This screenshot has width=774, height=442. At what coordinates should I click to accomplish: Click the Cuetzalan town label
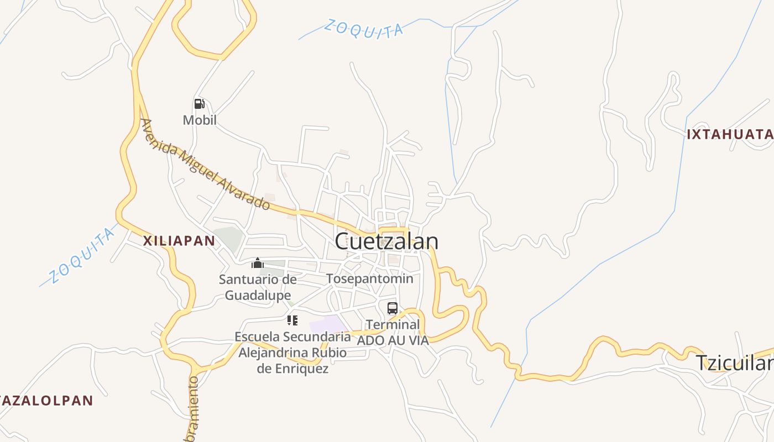pyautogui.click(x=386, y=241)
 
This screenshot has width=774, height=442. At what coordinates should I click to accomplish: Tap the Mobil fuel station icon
pyautogui.click(x=200, y=104)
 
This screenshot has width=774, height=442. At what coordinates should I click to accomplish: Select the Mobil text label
pyautogui.click(x=200, y=120)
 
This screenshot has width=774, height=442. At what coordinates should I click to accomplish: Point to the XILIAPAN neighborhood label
pyautogui.click(x=179, y=240)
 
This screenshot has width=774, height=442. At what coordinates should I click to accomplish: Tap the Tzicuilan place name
pyautogui.click(x=734, y=363)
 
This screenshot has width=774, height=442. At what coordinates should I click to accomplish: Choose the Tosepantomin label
pyautogui.click(x=369, y=278)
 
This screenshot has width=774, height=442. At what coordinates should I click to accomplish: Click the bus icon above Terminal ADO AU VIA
pyautogui.click(x=392, y=308)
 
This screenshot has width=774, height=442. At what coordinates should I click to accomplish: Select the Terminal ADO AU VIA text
pyautogui.click(x=393, y=333)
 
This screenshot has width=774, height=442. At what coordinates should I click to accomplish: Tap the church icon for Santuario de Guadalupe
pyautogui.click(x=258, y=263)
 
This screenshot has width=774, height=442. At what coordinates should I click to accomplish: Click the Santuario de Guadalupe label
pyautogui.click(x=258, y=287)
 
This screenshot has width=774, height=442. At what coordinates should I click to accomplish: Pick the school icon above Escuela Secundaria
pyautogui.click(x=292, y=320)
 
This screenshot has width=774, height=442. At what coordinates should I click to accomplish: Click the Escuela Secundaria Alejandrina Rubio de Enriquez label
pyautogui.click(x=292, y=352)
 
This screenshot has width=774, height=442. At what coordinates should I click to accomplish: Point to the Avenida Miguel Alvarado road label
pyautogui.click(x=205, y=165)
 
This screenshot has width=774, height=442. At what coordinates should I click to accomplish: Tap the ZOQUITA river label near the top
pyautogui.click(x=363, y=29)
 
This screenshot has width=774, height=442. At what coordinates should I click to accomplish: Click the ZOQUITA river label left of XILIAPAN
pyautogui.click(x=81, y=256)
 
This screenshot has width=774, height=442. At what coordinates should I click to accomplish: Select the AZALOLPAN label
pyautogui.click(x=46, y=401)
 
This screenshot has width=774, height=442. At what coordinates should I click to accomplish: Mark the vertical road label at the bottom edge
pyautogui.click(x=193, y=409)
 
